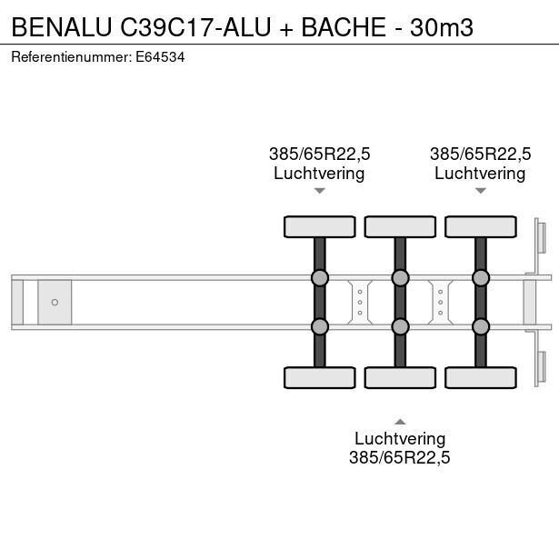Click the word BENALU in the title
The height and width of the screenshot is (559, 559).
click(62, 27)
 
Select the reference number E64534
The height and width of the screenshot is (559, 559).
click(160, 57)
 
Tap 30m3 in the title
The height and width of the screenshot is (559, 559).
click(442, 27)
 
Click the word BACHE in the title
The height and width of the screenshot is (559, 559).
click(344, 27)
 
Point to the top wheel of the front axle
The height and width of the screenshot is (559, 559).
click(320, 226)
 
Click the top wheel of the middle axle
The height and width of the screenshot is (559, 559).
click(400, 226)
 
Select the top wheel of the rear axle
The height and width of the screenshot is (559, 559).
click(481, 226)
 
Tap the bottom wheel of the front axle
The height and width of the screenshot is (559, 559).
click(320, 377)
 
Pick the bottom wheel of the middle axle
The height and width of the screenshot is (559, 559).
click(400, 377)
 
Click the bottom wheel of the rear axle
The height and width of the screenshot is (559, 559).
click(481, 377)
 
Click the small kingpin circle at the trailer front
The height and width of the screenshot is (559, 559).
click(55, 303)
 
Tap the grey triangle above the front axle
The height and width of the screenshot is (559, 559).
click(320, 191)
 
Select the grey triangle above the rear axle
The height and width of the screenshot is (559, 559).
click(481, 191)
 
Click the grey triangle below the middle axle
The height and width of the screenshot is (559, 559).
click(400, 422)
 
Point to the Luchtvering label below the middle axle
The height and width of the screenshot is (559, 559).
click(400, 438)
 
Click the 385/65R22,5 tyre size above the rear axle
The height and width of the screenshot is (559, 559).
click(481, 154)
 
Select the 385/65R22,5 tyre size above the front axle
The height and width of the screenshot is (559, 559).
click(320, 154)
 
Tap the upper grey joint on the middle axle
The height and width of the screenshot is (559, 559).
click(400, 278)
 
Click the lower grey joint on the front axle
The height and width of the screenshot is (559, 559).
click(320, 326)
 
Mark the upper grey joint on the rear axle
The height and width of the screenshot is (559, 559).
click(481, 278)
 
